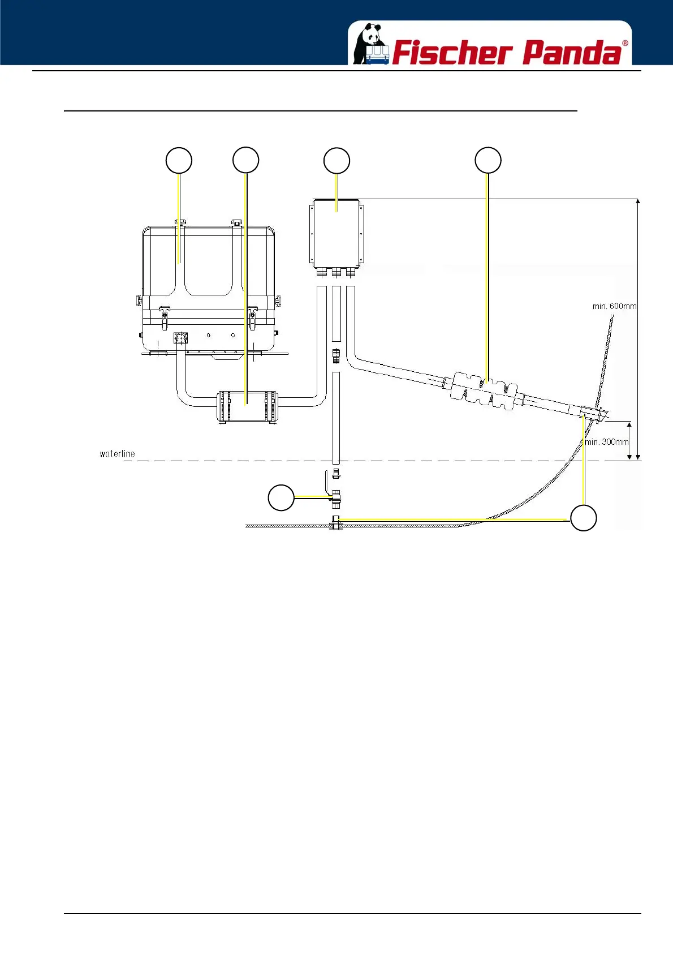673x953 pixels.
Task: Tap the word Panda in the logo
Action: coord(571,53)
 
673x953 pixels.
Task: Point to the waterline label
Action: coord(117,454)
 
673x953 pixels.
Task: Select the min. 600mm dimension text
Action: coord(614,306)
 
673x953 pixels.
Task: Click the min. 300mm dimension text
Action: coord(607,442)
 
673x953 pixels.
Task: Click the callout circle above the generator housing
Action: coord(179,161)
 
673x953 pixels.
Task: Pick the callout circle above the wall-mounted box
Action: coord(336,161)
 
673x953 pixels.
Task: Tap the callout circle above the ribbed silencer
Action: coord(488,160)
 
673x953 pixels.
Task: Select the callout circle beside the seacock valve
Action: coord(281,497)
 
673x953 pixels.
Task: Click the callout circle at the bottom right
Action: coord(583,518)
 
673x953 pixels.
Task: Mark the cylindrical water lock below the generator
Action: coord(246,406)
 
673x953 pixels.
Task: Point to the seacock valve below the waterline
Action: coord(335,498)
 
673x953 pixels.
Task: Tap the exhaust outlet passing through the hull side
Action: coord(594,414)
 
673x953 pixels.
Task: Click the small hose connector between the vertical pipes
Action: coord(336,356)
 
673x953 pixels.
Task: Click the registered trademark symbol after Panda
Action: coord(625,43)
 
